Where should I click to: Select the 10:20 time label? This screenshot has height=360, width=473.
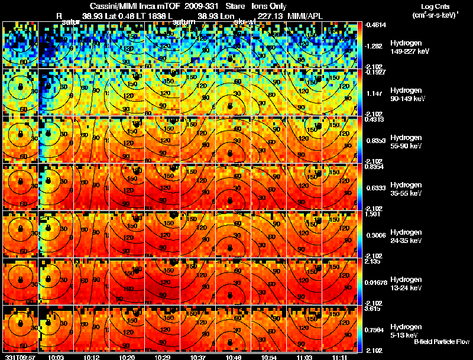127,357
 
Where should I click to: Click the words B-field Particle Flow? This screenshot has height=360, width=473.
442,342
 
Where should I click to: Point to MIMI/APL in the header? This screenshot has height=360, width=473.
306,16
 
